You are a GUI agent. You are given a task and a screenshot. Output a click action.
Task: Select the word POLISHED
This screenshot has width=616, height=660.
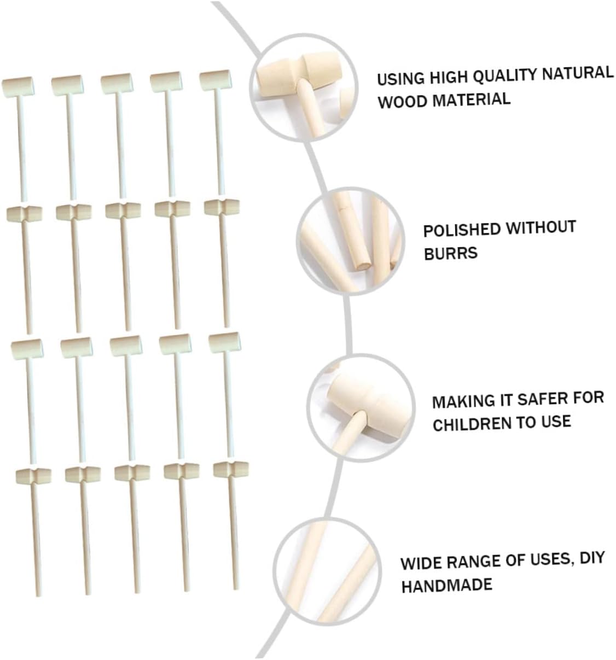point(459,230)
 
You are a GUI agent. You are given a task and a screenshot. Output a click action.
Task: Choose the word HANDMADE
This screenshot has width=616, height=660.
point(446,586)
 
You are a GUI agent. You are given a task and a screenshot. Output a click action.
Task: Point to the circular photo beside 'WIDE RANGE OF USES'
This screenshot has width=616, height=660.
point(327,569)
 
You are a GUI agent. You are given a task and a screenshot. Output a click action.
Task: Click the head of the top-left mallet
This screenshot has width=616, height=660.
point(18,85)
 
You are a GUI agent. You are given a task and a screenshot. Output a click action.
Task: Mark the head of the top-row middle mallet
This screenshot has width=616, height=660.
point(116,83)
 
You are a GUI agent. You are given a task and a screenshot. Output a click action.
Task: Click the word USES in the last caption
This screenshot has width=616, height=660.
point(550,560)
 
